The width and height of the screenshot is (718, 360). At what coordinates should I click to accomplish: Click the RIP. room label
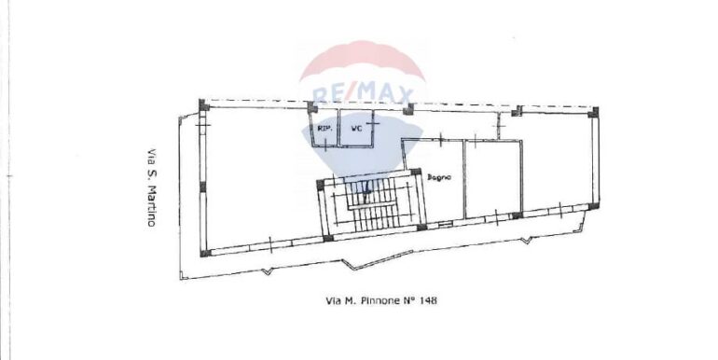pyautogui.click(x=324, y=129)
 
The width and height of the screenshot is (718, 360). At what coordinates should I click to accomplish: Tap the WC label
pyautogui.click(x=356, y=129)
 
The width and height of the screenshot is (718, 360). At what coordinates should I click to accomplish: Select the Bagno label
pyautogui.click(x=439, y=177)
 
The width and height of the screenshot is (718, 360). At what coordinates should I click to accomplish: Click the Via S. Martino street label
pyautogui.click(x=151, y=187)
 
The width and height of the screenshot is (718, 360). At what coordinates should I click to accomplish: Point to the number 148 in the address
pyautogui.click(x=428, y=300)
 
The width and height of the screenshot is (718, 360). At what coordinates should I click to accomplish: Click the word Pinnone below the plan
pyautogui.click(x=377, y=300)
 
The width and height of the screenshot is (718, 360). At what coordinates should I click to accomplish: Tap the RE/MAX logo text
pyautogui.click(x=363, y=95)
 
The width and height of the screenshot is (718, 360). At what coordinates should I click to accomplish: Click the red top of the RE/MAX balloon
pyautogui.click(x=363, y=60)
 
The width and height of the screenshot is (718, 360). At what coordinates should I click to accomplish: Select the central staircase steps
pyautogui.click(x=371, y=204)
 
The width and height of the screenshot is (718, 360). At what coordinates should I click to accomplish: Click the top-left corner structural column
pyautogui.click(x=204, y=105)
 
